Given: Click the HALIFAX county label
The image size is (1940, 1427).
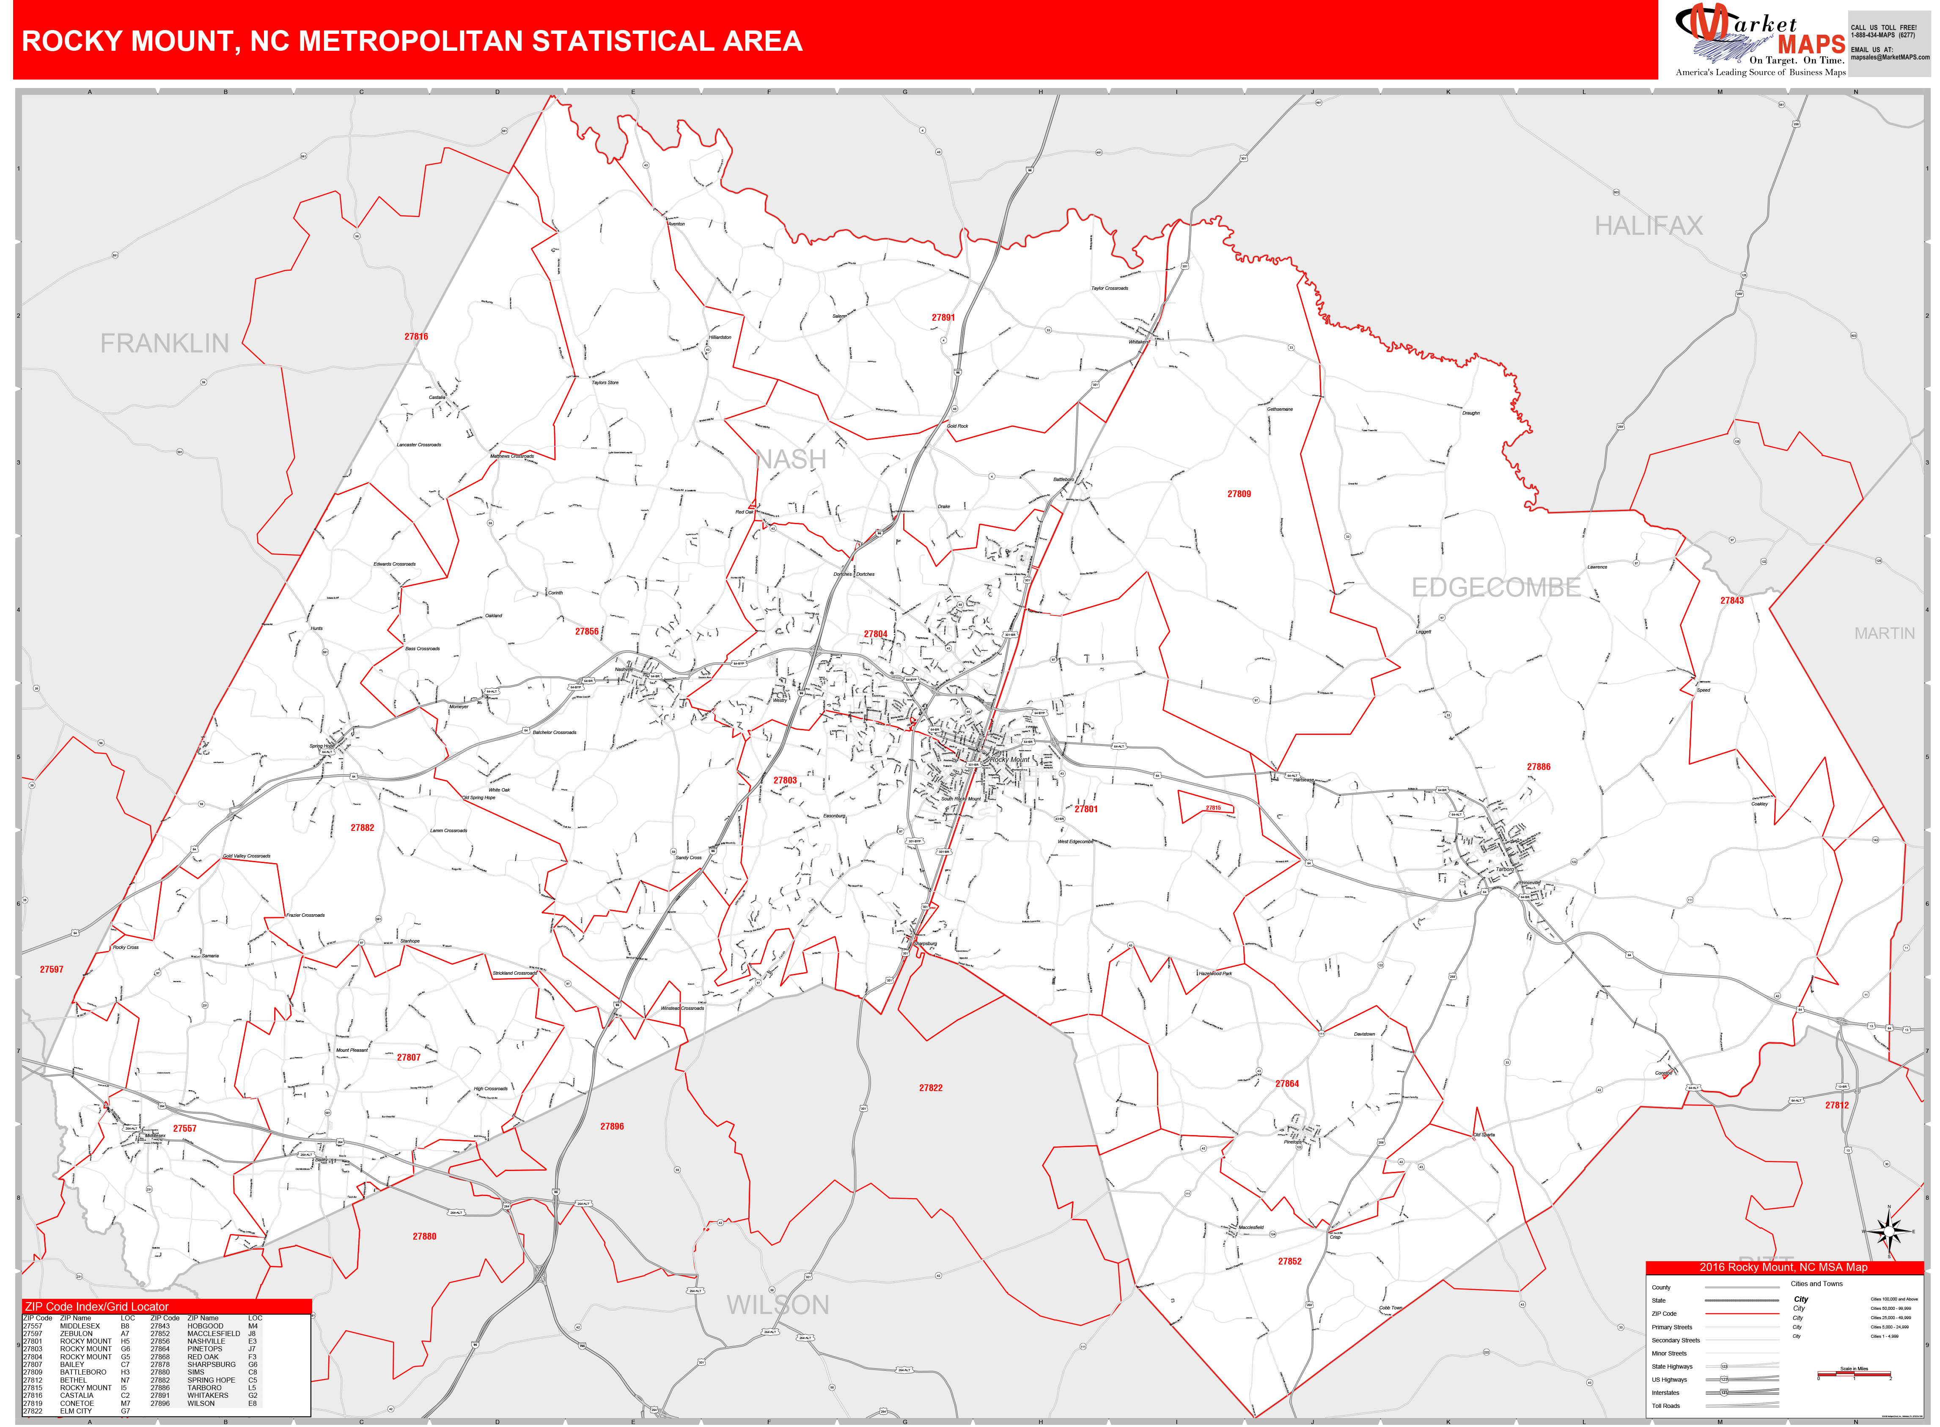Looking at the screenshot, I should pyautogui.click(x=1648, y=226).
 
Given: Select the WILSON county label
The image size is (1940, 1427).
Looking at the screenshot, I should pyautogui.click(x=778, y=1305).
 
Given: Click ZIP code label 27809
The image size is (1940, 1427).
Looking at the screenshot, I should pyautogui.click(x=1239, y=494).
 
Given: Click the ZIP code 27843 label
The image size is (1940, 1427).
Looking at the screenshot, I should pyautogui.click(x=1732, y=600).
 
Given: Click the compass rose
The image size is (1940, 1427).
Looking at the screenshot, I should pyautogui.click(x=1888, y=1231).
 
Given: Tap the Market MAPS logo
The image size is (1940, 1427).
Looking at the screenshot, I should pyautogui.click(x=1759, y=39).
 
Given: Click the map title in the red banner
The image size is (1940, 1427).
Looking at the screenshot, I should pyautogui.click(x=412, y=41).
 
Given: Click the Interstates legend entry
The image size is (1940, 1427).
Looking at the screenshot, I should pyautogui.click(x=1666, y=1392).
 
